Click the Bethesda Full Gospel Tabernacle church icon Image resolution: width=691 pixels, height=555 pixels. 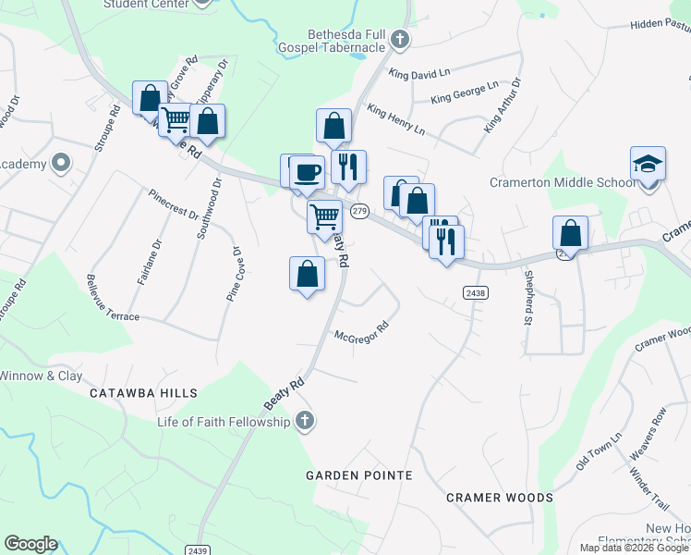[x=399, y=39]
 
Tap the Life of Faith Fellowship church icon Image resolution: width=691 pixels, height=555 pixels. [x=305, y=422]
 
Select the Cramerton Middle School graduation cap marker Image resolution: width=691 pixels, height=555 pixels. [x=648, y=165]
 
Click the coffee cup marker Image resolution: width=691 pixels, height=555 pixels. [x=309, y=173]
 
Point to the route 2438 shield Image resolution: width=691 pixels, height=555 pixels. [x=475, y=292]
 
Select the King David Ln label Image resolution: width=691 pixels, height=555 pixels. [x=418, y=72]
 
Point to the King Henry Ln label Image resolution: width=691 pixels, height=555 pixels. [x=395, y=119]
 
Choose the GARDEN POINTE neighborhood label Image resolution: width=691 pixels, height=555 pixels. [x=359, y=475]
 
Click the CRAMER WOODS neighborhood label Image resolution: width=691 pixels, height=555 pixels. [x=499, y=498]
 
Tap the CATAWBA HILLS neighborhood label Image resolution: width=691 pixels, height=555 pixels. [x=143, y=393]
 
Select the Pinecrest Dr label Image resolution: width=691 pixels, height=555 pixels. [x=174, y=203]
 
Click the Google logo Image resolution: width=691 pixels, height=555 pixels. [x=30, y=544]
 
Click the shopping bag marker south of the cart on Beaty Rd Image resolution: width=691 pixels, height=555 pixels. [x=308, y=274]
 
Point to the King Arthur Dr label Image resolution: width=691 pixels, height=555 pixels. [x=502, y=104]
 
